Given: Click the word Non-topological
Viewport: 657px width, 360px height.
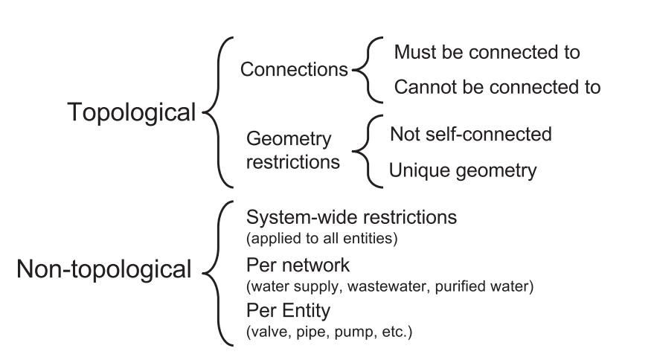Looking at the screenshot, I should (x=104, y=269).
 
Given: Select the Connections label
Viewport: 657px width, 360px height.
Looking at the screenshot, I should (x=294, y=70).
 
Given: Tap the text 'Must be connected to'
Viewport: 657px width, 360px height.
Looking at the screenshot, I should (x=487, y=53).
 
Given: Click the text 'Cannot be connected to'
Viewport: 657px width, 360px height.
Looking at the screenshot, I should (x=496, y=87).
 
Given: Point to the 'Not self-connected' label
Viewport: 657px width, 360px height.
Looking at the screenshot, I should (x=471, y=135).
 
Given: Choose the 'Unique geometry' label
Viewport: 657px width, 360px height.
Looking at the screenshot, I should (x=462, y=170).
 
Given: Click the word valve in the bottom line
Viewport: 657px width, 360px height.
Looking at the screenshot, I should (x=265, y=330).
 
